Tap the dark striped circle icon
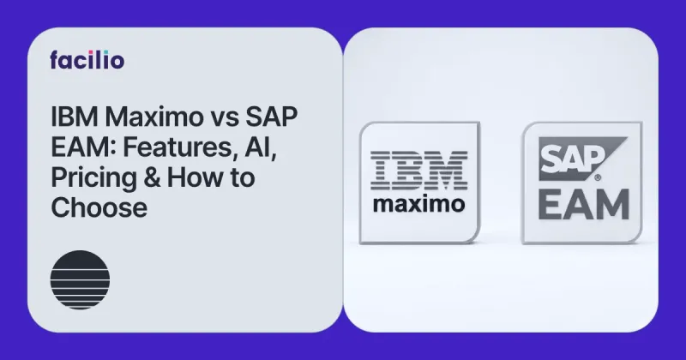[75, 275]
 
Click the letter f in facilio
[55, 59]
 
